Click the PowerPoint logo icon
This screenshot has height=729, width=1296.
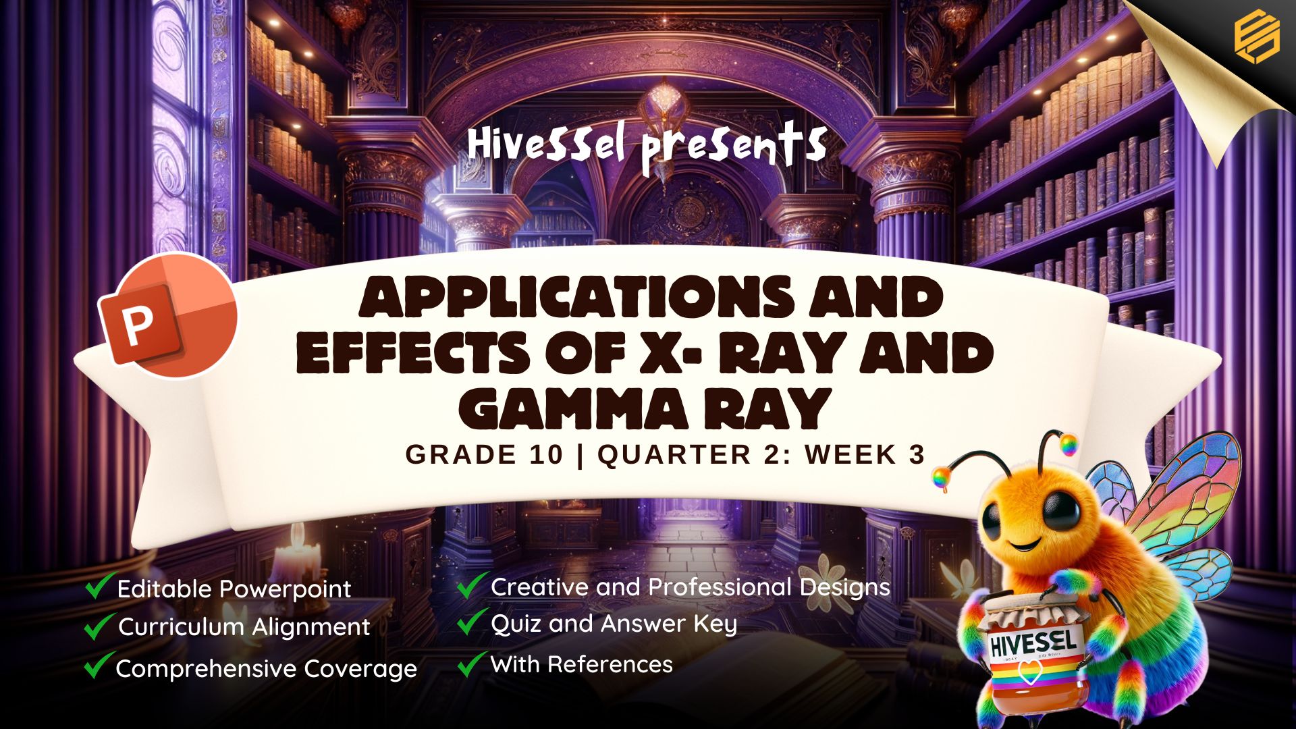pyautogui.click(x=168, y=315)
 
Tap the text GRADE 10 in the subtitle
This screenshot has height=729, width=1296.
pyautogui.click(x=484, y=455)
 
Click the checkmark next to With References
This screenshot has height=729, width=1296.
pyautogui.click(x=472, y=664)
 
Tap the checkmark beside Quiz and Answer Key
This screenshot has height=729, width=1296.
pyautogui.click(x=472, y=622)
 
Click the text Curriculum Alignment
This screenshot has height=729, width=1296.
pyautogui.click(x=244, y=628)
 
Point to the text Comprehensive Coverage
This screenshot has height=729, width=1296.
pyautogui.click(x=267, y=670)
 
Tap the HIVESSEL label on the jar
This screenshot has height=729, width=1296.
pyautogui.click(x=1033, y=644)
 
